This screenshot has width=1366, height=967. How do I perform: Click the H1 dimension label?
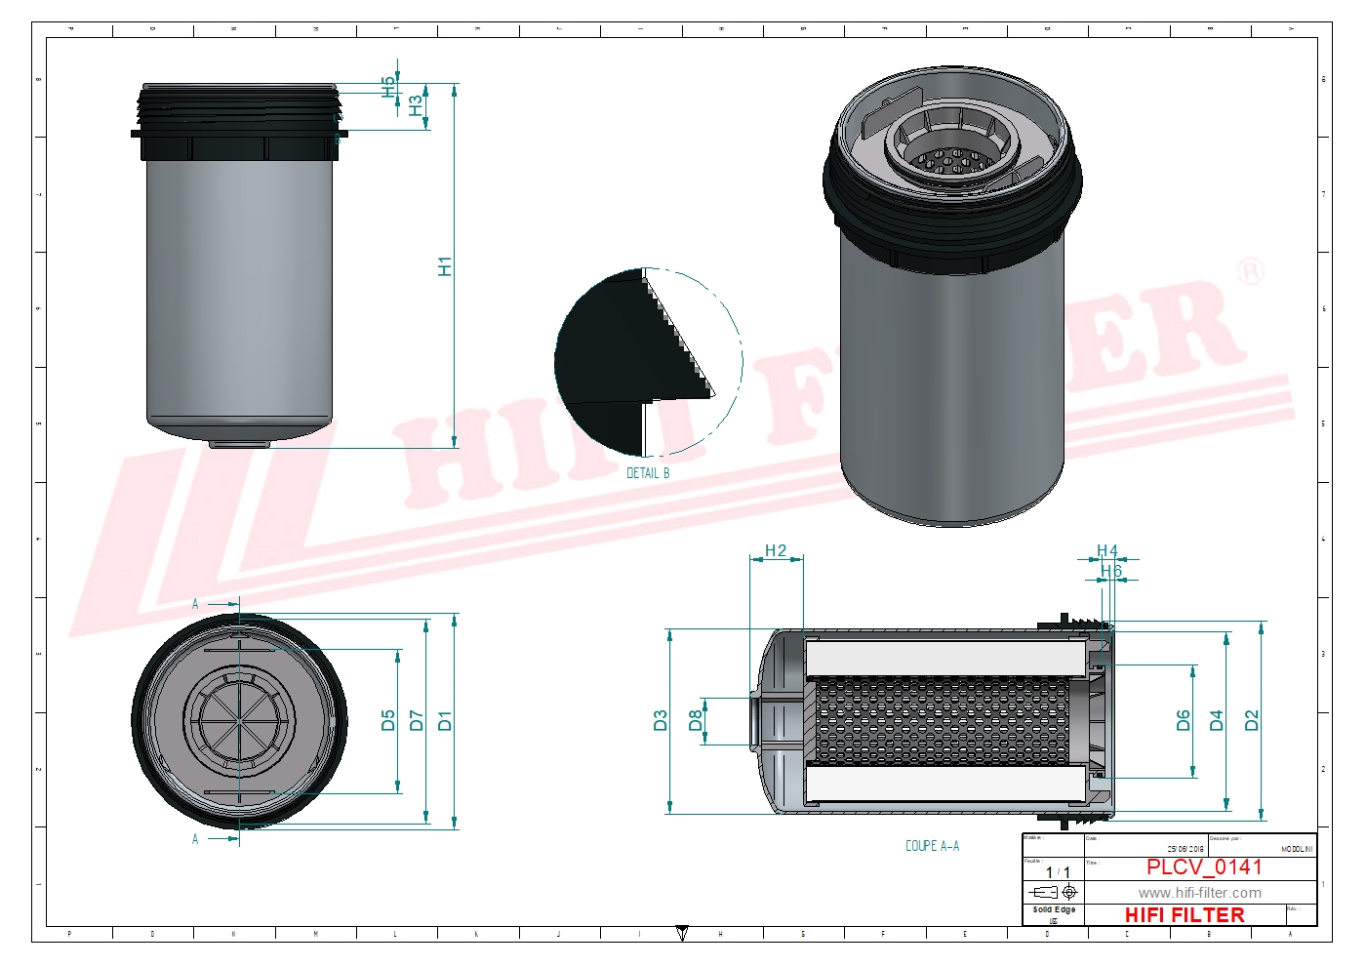445,265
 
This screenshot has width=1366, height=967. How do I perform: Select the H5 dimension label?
389,86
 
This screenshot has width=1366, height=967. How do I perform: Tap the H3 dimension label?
417,105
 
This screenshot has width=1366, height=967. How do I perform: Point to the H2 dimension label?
776,550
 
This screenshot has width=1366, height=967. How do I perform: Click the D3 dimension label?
661,721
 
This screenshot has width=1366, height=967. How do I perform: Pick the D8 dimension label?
696,721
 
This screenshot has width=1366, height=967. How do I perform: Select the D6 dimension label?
1184,721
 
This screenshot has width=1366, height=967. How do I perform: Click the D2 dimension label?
1252,721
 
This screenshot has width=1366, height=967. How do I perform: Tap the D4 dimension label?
1217,721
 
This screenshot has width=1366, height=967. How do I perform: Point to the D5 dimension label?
388,721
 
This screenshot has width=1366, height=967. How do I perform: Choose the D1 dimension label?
445,721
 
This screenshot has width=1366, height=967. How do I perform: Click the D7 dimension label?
417,721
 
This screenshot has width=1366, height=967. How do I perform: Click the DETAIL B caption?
648,473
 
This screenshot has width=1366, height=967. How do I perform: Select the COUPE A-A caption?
932,846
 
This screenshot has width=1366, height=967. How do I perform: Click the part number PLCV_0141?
1204,866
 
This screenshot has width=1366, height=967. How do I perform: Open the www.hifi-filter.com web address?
1199,893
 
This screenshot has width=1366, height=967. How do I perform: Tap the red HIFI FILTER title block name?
1185,915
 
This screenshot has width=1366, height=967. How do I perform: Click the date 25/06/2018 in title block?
1185,849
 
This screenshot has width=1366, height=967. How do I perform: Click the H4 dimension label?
1106,551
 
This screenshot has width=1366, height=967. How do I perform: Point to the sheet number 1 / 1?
1058,872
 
